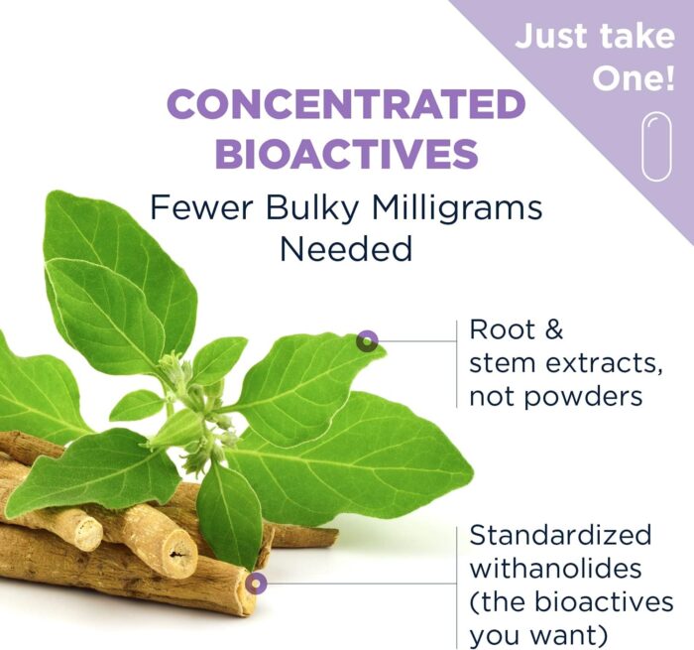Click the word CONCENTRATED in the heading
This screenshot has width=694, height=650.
346,103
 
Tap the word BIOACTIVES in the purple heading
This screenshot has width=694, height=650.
347,153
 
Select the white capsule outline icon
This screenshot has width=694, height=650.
656,147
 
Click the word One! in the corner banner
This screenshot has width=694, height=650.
634,78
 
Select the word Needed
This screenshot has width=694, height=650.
346,248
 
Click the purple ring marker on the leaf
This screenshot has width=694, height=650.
367,341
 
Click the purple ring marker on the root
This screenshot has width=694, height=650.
256,584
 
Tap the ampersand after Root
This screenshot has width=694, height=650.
553,329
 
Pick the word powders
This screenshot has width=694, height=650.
585,396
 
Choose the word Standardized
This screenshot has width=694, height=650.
560,534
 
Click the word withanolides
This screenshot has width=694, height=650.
555,568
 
